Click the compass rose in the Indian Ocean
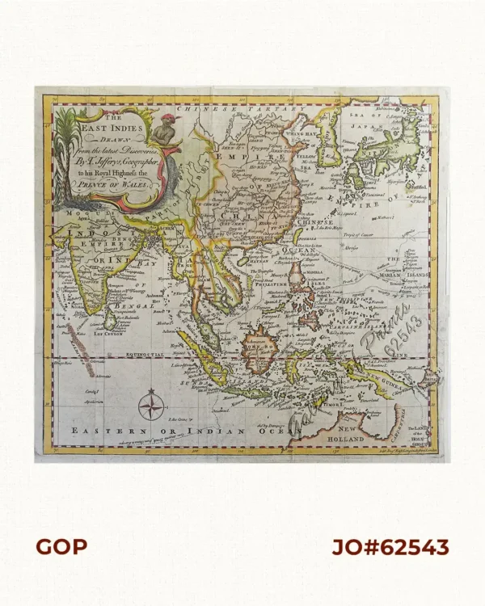[x=150, y=404]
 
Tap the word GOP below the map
[x=61, y=548]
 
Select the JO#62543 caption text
[x=390, y=548]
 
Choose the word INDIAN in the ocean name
[x=218, y=431]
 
